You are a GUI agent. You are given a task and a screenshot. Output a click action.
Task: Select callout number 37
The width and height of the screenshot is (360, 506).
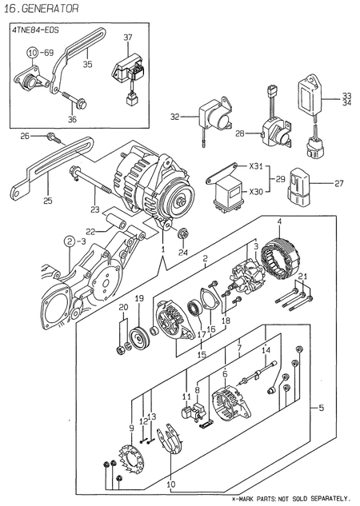click(127, 38)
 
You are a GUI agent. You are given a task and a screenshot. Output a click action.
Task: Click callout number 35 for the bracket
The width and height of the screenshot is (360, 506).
click(87, 65)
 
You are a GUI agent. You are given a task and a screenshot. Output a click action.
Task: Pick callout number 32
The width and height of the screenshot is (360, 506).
click(175, 117)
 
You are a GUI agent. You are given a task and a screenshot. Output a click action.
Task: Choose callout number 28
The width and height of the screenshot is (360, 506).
click(238, 133)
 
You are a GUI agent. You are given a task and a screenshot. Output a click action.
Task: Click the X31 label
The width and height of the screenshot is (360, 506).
click(255, 166)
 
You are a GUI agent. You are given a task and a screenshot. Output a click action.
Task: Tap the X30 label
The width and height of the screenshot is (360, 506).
click(255, 192)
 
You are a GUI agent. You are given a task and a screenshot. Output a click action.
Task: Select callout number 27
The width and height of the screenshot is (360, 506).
click(338, 183)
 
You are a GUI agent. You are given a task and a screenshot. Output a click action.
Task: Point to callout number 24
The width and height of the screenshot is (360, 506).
click(182, 252)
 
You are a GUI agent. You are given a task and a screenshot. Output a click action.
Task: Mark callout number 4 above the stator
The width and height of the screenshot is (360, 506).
click(279, 221)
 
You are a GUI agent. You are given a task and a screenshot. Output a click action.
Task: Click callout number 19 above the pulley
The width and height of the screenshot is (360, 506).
click(138, 299)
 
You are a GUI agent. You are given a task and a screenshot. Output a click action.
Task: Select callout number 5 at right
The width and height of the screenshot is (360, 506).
click(321, 408)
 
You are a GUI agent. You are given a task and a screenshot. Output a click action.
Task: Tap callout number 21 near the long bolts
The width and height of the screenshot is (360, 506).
click(302, 277)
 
